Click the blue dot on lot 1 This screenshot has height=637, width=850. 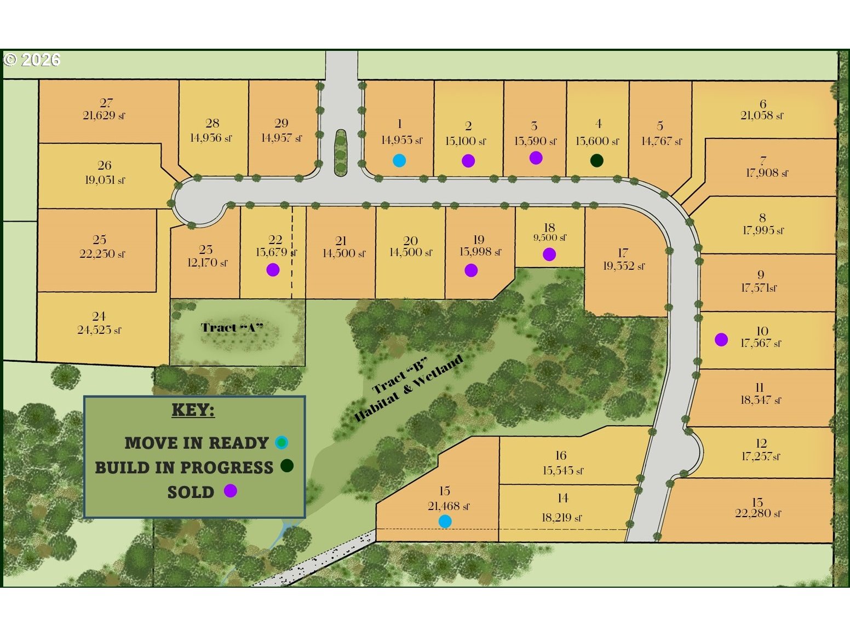pyautogui.click(x=399, y=160)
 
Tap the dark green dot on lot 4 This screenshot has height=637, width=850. pyautogui.click(x=597, y=160)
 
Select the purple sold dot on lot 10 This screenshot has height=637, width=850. pyautogui.click(x=721, y=340)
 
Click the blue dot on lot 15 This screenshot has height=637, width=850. pyautogui.click(x=445, y=522)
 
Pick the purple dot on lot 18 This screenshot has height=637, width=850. pyautogui.click(x=549, y=254)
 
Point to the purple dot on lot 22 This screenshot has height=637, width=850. pyautogui.click(x=273, y=270)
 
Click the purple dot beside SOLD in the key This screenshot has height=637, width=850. pyautogui.click(x=231, y=491)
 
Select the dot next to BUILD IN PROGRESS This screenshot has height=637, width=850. pyautogui.click(x=287, y=466)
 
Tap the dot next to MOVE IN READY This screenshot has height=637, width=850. pyautogui.click(x=282, y=442)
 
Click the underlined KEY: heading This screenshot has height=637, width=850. pyautogui.click(x=193, y=410)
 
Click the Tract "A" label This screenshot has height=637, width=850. pyautogui.click(x=232, y=328)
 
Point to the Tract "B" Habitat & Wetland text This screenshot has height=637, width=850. pyautogui.click(x=408, y=388)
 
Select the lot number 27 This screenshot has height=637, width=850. pyautogui.click(x=106, y=103)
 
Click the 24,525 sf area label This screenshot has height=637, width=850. pyautogui.click(x=99, y=330)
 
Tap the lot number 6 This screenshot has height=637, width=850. pyautogui.click(x=763, y=103)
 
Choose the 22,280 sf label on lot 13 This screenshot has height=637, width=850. pyautogui.click(x=758, y=513)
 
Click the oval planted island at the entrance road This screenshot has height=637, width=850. pyautogui.click(x=341, y=152)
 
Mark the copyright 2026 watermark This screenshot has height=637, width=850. pyautogui.click(x=32, y=60)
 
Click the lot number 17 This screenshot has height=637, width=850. pyautogui.click(x=623, y=253)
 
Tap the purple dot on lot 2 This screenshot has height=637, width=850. pyautogui.click(x=468, y=161)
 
